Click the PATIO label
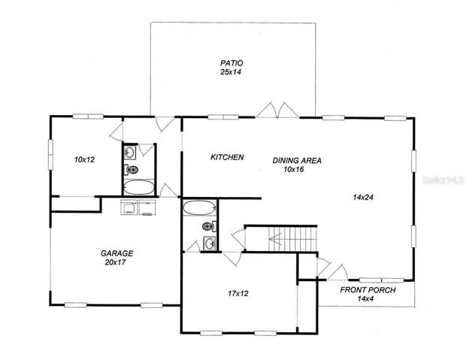(x=231, y=63)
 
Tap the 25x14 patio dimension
(x=230, y=72)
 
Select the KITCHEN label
(x=227, y=157)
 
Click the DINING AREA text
(x=297, y=161)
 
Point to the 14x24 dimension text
(x=363, y=197)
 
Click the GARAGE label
(x=116, y=253)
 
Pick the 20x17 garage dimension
(x=115, y=262)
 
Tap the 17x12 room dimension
(x=238, y=293)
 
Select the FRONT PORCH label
(x=368, y=290)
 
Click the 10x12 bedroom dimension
(x=84, y=159)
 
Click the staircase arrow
(x=275, y=239)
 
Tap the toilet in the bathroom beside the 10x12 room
(x=131, y=170)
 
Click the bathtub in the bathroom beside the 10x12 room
(x=139, y=187)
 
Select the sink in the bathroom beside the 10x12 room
(x=129, y=153)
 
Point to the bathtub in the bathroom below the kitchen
(x=199, y=207)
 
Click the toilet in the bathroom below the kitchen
(x=209, y=226)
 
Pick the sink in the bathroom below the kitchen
(x=210, y=244)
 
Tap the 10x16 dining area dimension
(x=294, y=169)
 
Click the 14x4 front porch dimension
(x=365, y=299)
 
